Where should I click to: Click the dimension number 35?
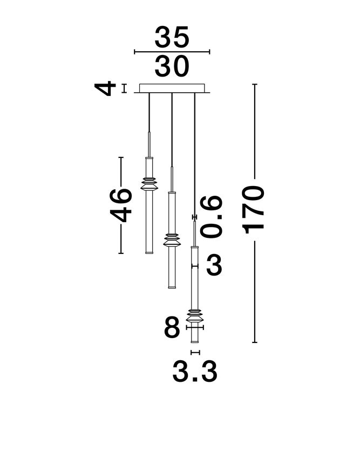[172, 37]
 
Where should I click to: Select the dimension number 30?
[172, 66]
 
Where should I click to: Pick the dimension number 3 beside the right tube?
[214, 266]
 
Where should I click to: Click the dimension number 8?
[172, 327]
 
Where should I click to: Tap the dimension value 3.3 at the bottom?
[195, 372]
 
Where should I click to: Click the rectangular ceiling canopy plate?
[172, 88]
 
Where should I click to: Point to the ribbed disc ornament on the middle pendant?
[172, 238]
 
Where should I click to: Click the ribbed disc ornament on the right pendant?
[195, 313]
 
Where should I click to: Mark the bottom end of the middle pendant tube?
[172, 287]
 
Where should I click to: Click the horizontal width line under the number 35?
[172, 52]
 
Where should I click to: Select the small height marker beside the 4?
[124, 88]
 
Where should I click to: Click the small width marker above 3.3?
[195, 352]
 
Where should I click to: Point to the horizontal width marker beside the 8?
[195, 327]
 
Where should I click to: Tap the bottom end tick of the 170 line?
[255, 342]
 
